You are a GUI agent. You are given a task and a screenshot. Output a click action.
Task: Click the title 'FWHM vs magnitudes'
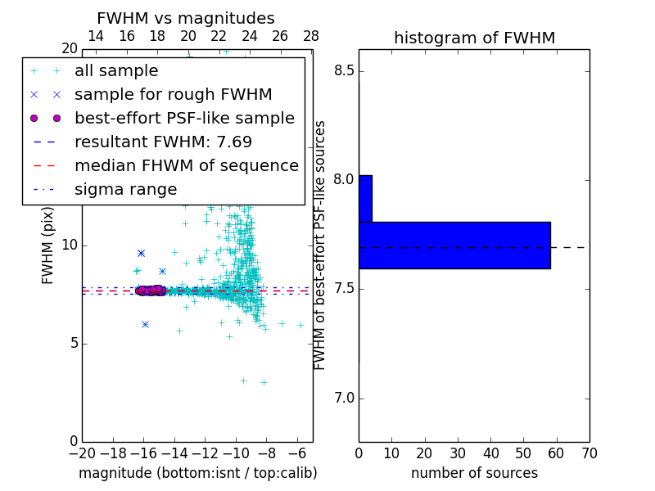[x=186, y=18]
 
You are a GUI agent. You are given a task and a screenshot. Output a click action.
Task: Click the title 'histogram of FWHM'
[x=474, y=38]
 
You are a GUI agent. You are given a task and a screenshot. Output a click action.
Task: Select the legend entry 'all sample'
[x=116, y=71]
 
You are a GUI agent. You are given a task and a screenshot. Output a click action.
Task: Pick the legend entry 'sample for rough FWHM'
[x=173, y=95]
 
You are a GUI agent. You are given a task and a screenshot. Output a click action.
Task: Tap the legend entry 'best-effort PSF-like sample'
[x=184, y=119]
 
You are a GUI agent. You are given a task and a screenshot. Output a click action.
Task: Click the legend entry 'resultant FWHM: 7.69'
[x=163, y=142]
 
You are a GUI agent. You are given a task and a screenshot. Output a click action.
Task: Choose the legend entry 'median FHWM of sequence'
[x=186, y=166]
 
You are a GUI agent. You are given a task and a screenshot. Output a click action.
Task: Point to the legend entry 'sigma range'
[x=125, y=190]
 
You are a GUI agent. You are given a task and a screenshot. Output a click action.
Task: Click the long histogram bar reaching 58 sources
[x=454, y=245]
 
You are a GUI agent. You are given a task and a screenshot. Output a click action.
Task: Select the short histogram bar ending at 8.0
[x=365, y=199]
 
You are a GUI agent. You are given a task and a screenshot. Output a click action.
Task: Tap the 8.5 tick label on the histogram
[x=345, y=71]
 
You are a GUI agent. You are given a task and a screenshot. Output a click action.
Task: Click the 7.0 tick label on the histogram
[x=345, y=399]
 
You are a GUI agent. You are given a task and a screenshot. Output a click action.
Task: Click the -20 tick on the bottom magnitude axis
[x=82, y=453]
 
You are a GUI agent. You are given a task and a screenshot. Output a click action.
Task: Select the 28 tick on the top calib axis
[x=311, y=36]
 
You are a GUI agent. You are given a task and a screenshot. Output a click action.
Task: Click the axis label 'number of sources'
[x=474, y=473]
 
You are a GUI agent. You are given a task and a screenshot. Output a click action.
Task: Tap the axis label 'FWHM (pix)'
[x=48, y=245]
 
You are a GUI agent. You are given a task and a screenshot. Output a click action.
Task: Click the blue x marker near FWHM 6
[x=145, y=324]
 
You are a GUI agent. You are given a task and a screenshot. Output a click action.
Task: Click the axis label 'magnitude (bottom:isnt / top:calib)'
[x=197, y=473]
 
